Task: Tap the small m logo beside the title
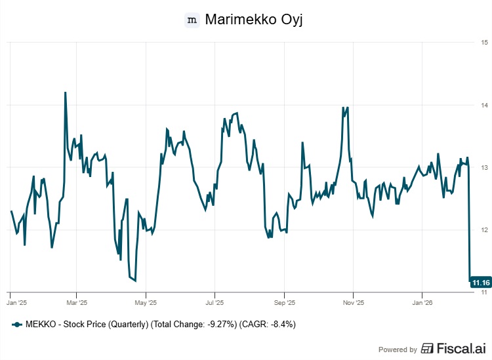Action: pyautogui.click(x=192, y=20)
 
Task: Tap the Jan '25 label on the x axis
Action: pyautogui.click(x=16, y=303)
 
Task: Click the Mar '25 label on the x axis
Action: pyautogui.click(x=77, y=303)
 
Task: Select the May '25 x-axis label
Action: pyautogui.click(x=146, y=303)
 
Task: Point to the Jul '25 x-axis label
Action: pyautogui.click(x=215, y=303)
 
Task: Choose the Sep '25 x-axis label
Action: pyautogui.click(x=284, y=303)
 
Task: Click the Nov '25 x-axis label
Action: pyautogui.click(x=353, y=303)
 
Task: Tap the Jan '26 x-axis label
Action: pyautogui.click(x=422, y=303)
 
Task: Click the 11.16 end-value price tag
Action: pyautogui.click(x=481, y=282)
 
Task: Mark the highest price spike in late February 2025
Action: pyautogui.click(x=65, y=93)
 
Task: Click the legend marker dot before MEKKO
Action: pyautogui.click(x=18, y=325)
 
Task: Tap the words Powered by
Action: pyautogui.click(x=398, y=350)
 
